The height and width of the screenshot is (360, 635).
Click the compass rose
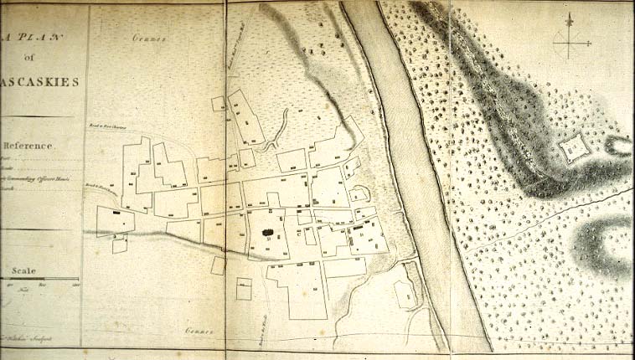pyautogui.click(x=569, y=39)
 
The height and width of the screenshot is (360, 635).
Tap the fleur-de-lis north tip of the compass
pyautogui.click(x=569, y=19)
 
